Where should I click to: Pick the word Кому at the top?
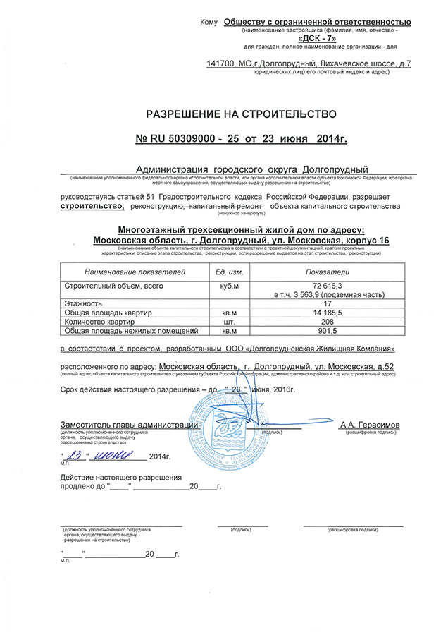(210, 23)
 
